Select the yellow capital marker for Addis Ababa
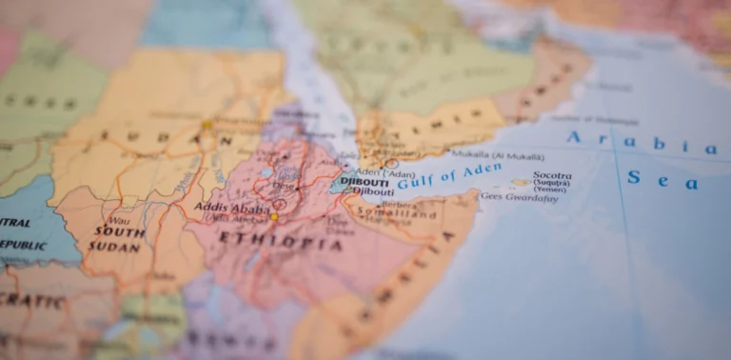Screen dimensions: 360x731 coord(275,217)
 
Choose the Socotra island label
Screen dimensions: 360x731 coord(552,176)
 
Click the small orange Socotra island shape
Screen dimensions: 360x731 coord(521,182)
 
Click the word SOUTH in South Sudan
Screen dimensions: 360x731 coord(119,232)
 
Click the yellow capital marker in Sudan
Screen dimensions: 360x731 coord(207,125)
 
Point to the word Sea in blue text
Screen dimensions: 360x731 coord(662,179)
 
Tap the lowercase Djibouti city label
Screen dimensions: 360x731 coord(372,191)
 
